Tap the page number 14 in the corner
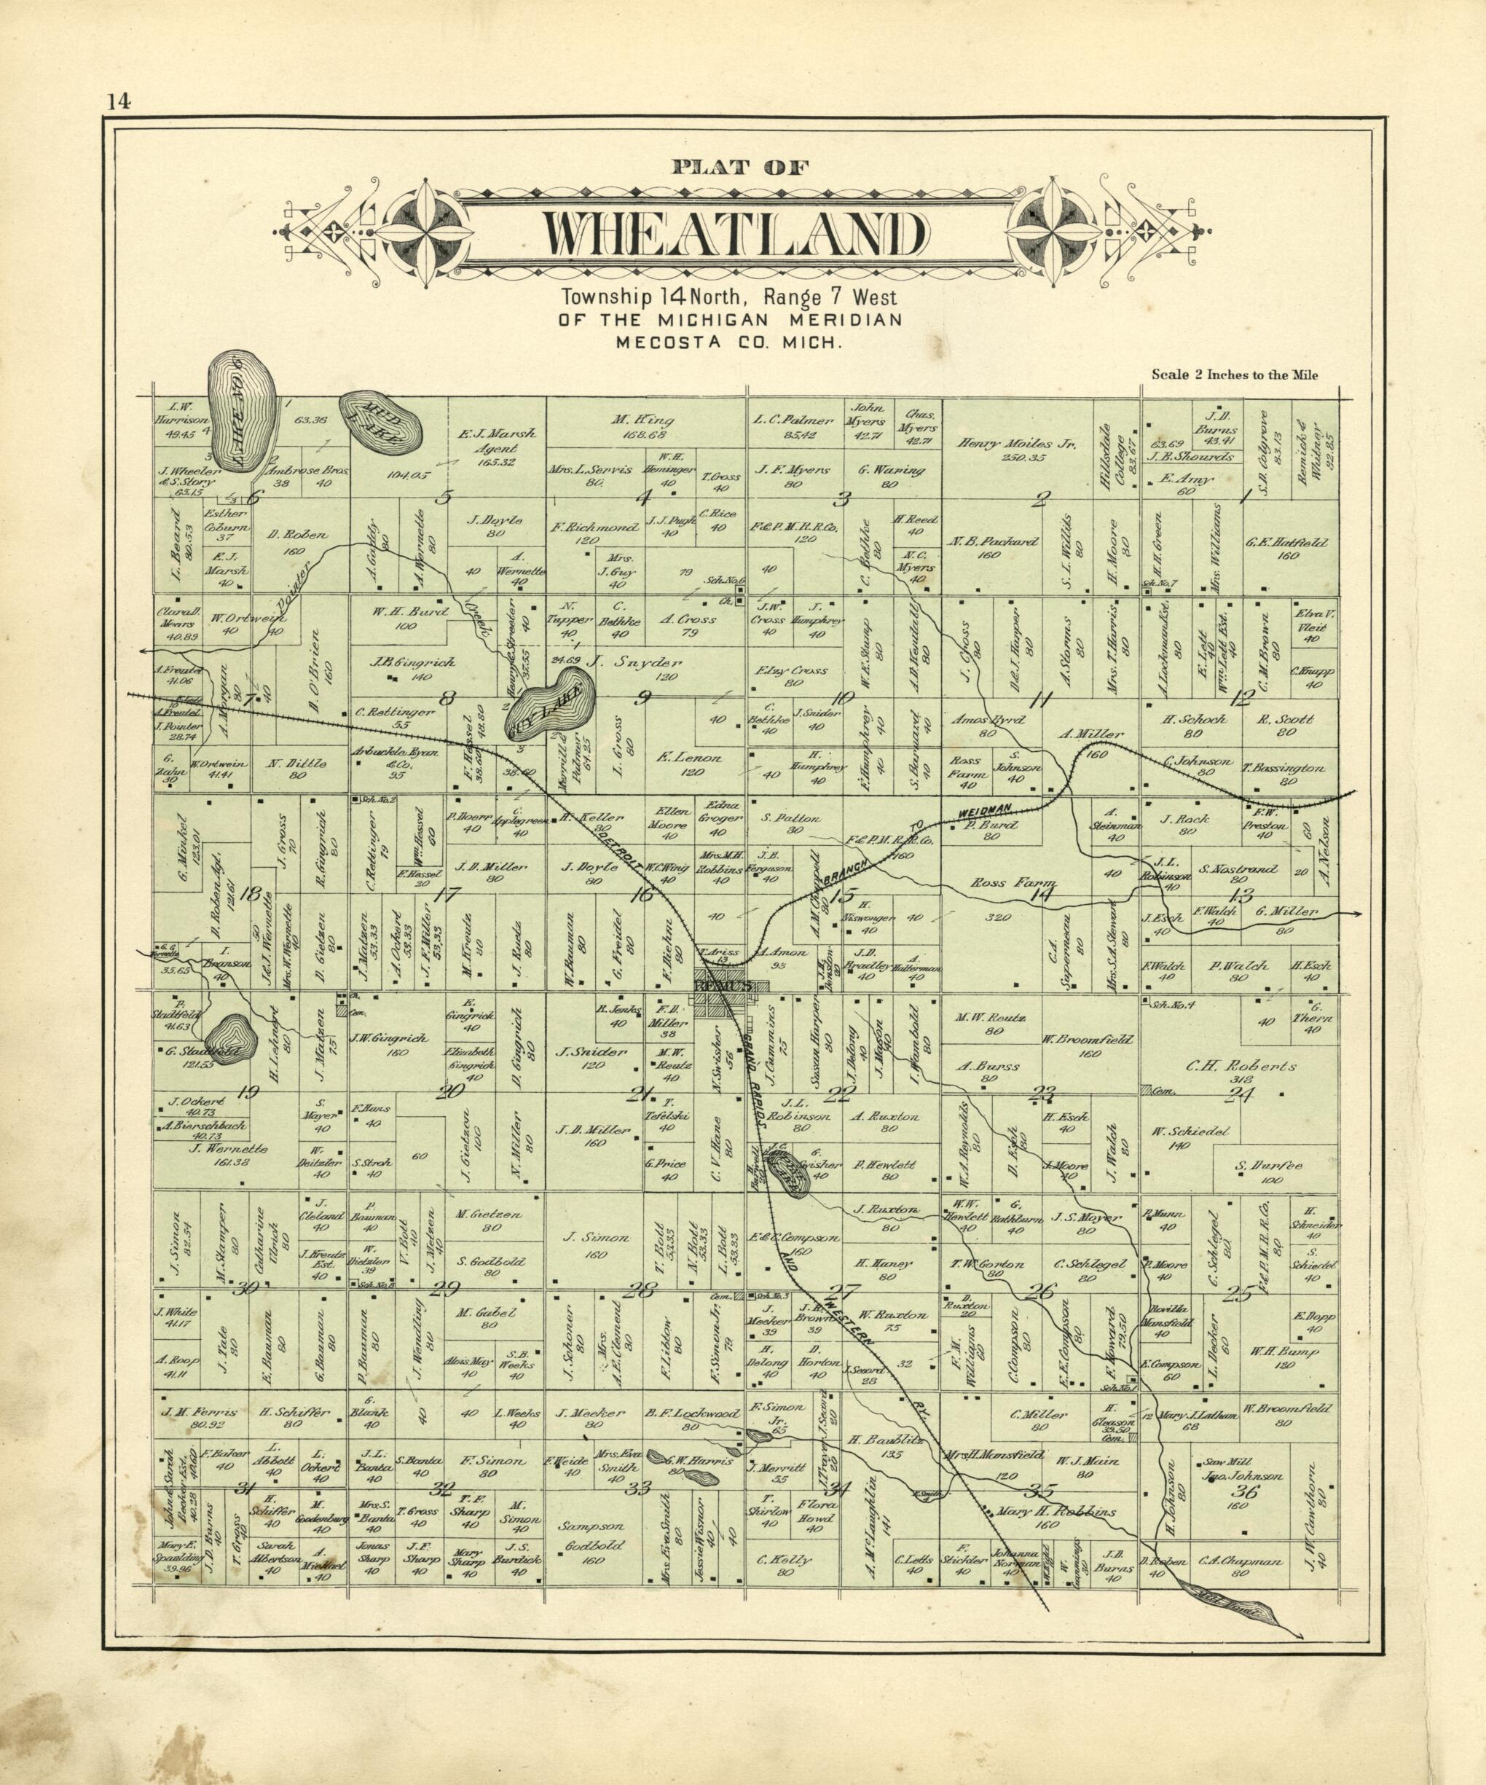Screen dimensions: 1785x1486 (x=118, y=102)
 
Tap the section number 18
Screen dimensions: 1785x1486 (x=250, y=894)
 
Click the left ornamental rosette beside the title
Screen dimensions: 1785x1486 (x=422, y=232)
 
